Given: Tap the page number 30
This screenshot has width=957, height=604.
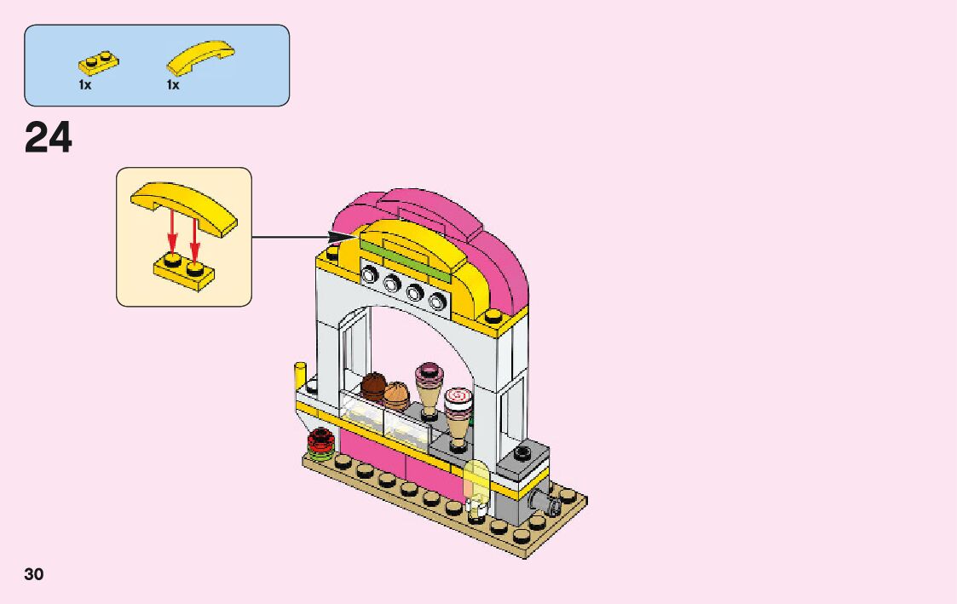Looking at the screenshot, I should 34,573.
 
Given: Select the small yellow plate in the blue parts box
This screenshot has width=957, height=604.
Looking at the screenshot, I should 98,62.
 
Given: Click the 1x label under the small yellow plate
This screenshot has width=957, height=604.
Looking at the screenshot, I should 84,85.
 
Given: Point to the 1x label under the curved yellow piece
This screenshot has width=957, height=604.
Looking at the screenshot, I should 173,85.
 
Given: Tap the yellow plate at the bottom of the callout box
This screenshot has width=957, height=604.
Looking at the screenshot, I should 183,271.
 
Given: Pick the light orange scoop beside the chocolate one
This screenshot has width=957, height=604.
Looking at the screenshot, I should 395,395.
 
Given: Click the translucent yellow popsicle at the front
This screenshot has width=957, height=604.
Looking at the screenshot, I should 476,484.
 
